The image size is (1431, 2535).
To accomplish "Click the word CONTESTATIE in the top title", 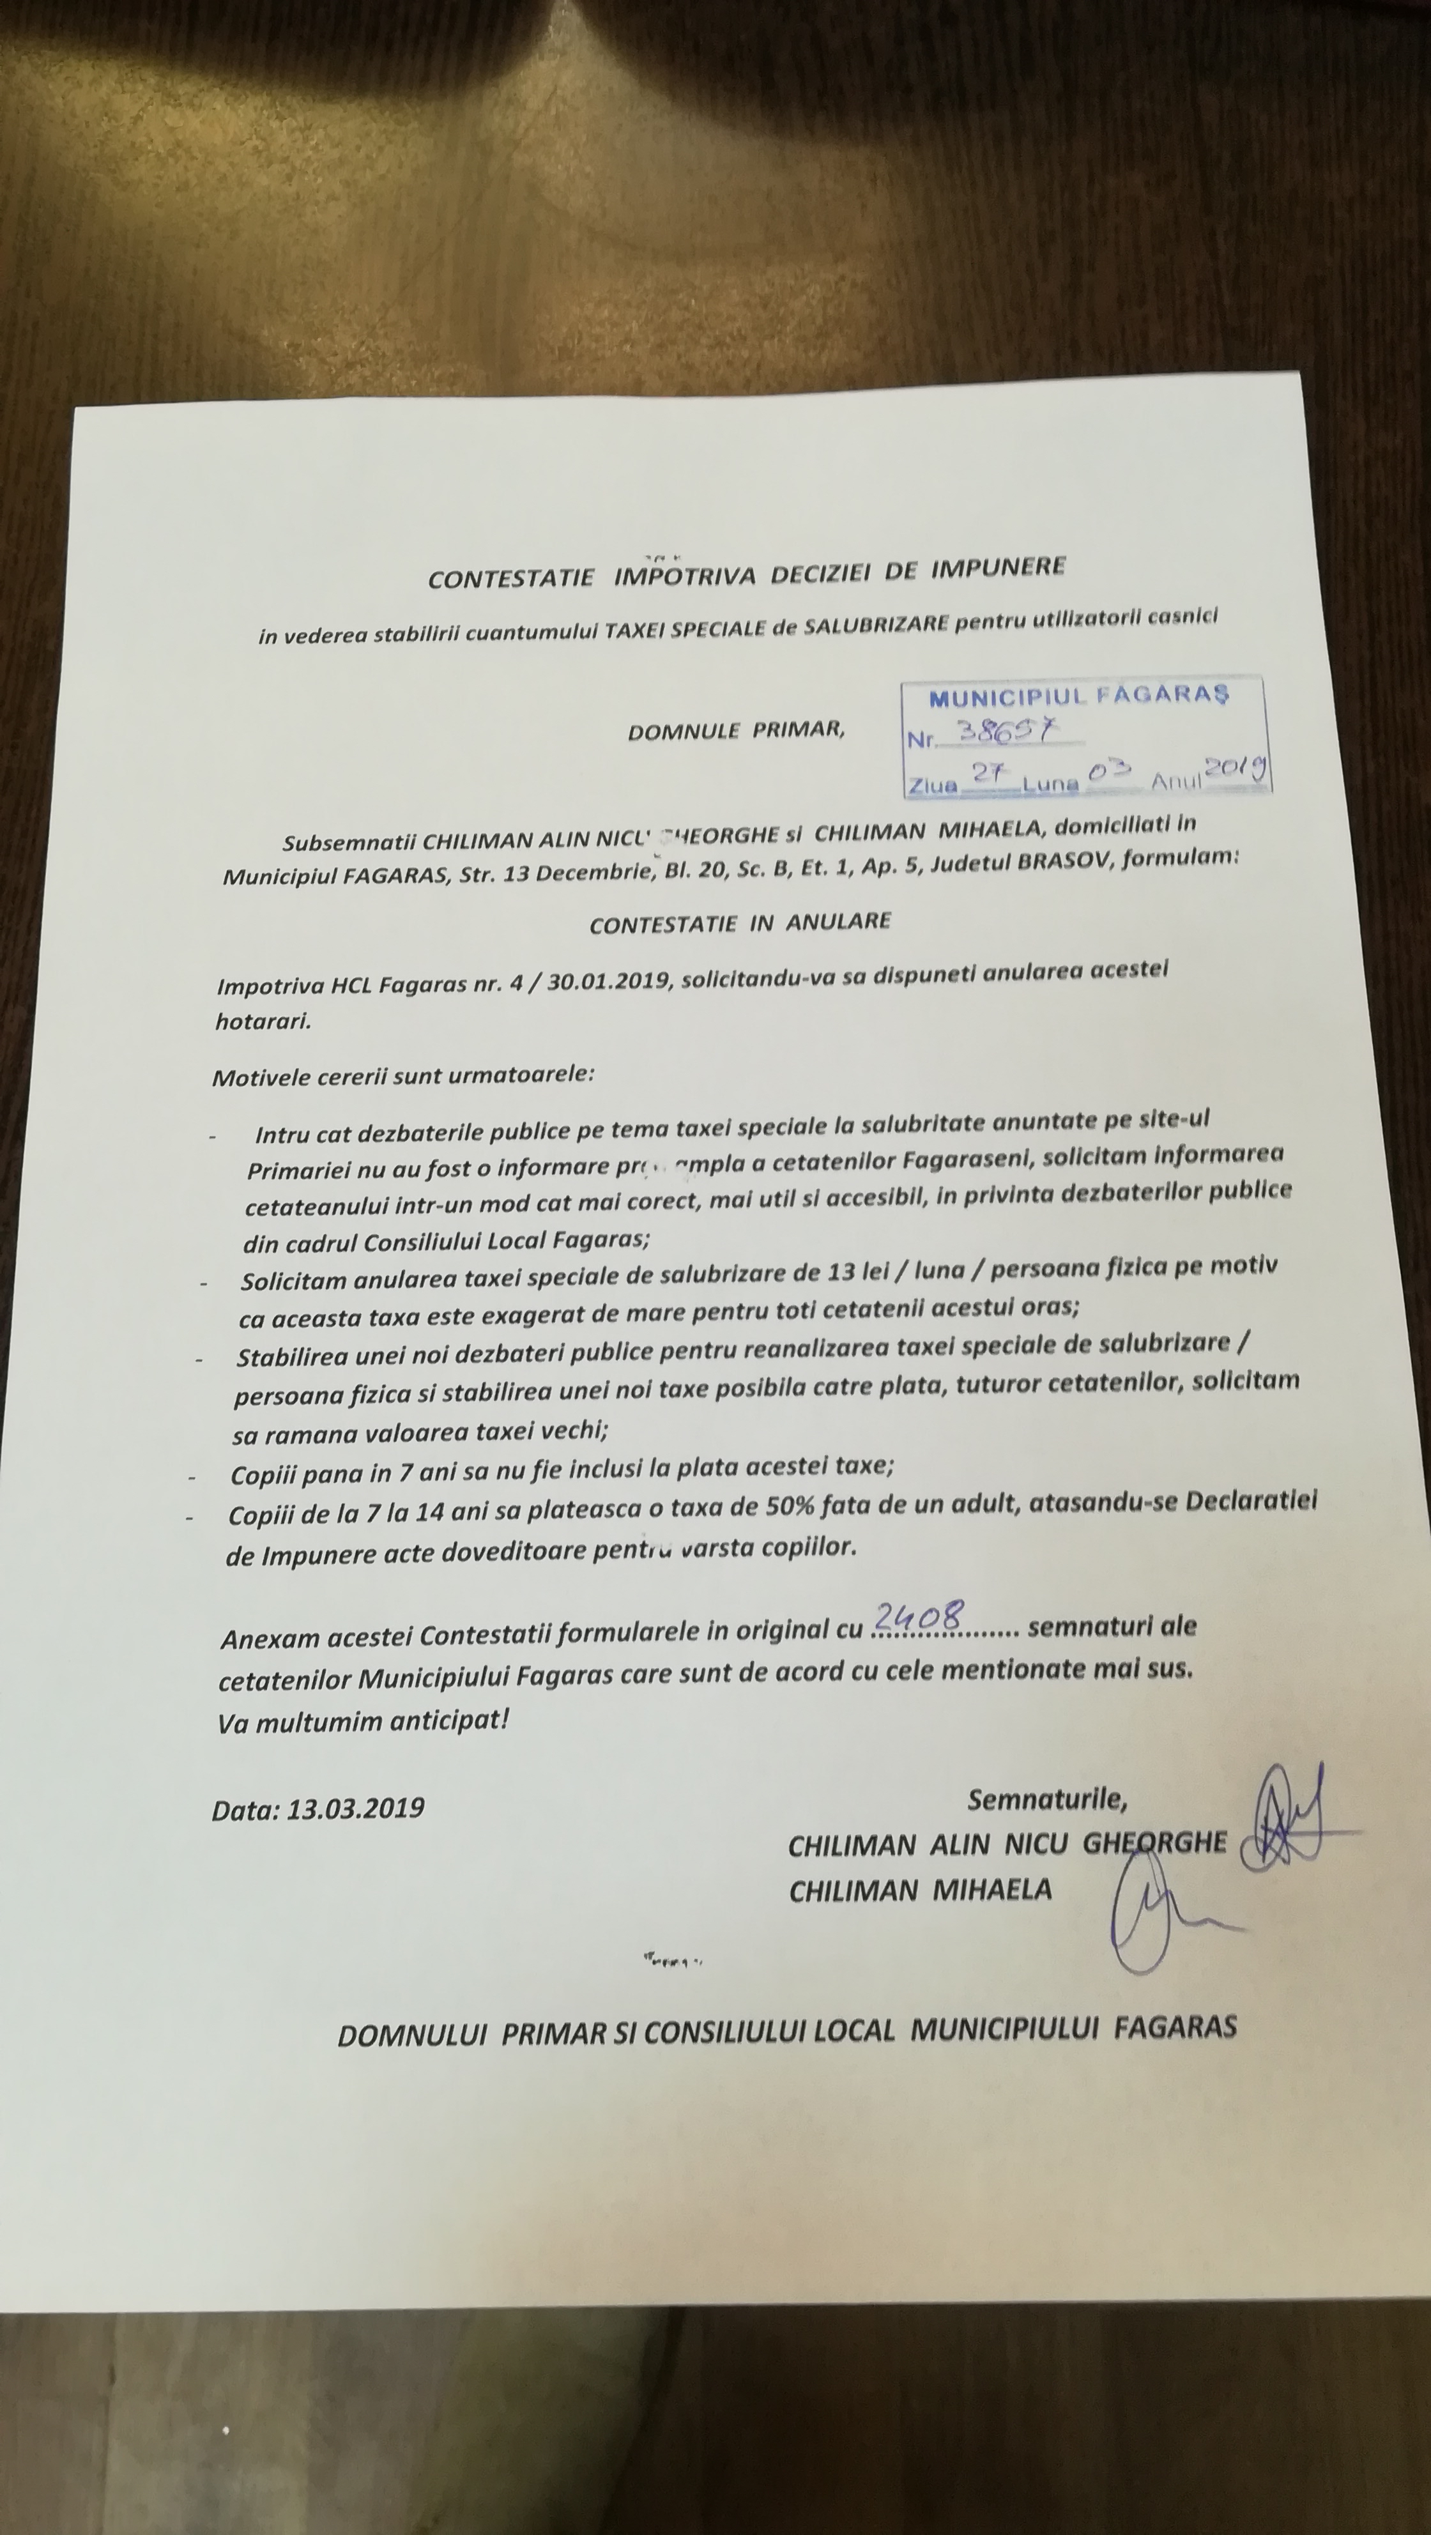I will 510,578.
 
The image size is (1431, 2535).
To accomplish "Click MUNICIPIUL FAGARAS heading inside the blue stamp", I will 1080,698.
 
